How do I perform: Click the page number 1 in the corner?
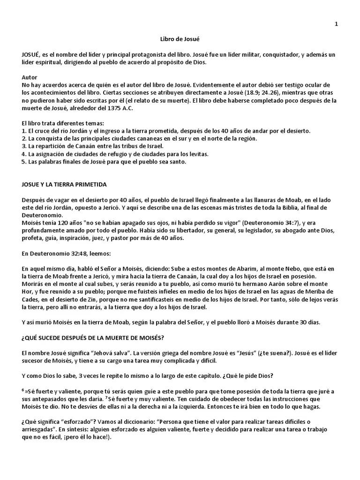pos(336,24)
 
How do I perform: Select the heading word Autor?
pos(30,77)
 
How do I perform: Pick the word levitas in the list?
pos(197,154)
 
